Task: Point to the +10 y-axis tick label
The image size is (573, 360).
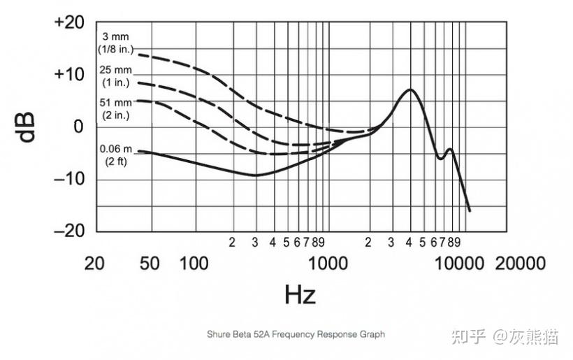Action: [68, 73]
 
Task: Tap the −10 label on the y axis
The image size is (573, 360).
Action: [68, 178]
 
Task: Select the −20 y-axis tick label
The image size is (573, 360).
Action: [68, 230]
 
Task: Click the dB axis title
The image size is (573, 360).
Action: [27, 126]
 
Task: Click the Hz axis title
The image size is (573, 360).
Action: [300, 294]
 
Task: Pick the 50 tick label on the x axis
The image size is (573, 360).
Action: [149, 264]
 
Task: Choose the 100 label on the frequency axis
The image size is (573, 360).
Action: [194, 264]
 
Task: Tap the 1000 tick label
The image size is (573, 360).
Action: [326, 264]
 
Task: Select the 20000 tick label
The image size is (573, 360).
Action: [521, 264]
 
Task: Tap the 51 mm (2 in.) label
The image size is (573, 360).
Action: [115, 109]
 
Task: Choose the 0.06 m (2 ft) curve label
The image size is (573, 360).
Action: [115, 156]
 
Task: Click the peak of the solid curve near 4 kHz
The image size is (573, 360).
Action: [410, 89]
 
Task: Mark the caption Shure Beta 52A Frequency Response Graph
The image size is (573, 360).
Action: [296, 334]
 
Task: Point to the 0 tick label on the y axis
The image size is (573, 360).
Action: [79, 127]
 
